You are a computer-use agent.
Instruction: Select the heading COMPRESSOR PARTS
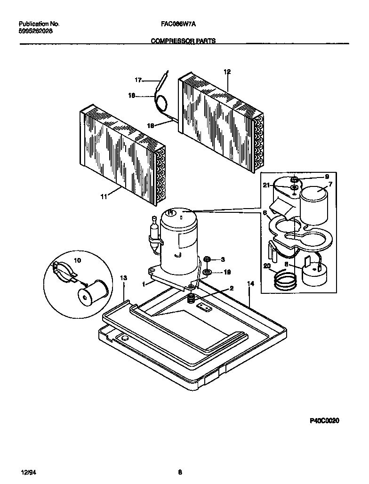pos(183,41)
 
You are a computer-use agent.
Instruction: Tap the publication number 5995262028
pos(36,31)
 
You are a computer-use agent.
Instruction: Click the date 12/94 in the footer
pos(28,472)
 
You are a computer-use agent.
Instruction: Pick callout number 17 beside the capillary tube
pos(138,80)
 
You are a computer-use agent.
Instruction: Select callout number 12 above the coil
pos(227,72)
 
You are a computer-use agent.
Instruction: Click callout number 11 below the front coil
pos(103,197)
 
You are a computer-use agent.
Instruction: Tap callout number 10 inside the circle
pos(78,260)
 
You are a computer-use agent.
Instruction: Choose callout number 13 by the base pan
pos(123,278)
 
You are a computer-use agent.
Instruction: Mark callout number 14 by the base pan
pos(250,283)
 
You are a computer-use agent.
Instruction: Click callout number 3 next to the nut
pos(223,259)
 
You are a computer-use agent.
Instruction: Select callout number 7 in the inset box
pos(330,184)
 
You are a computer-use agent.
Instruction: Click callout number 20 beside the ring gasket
pos(267,266)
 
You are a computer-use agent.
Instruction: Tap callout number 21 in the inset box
pos(266,186)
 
